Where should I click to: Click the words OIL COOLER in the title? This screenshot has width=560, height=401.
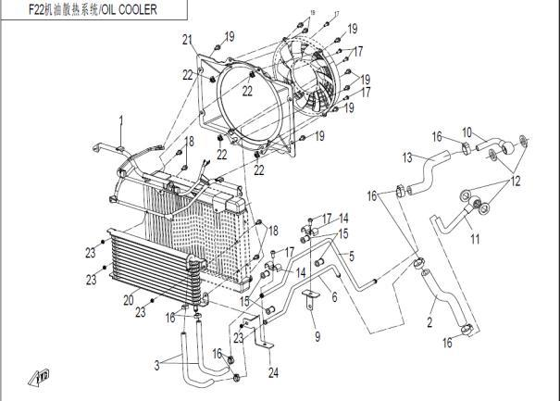pos(126,9)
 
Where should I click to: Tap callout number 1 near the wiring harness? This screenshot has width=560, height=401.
pos(119,119)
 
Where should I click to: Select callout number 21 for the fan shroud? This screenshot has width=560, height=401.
pos(186,39)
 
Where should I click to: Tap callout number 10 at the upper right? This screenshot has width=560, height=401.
pos(467,132)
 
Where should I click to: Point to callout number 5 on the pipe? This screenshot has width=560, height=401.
pos(351,252)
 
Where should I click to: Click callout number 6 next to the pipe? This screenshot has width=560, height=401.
pos(335,298)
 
